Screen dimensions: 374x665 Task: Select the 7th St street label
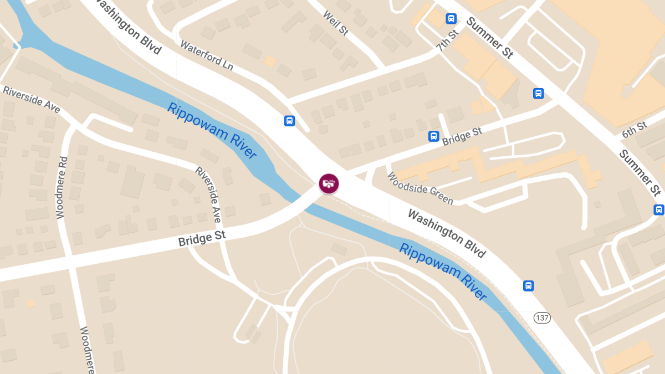[448, 40]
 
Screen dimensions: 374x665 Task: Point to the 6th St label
[634, 130]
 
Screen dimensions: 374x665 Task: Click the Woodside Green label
[420, 188]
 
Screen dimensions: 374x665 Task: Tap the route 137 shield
[541, 317]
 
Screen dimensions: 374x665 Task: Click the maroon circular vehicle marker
[329, 183]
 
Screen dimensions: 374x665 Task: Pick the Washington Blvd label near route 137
[447, 233]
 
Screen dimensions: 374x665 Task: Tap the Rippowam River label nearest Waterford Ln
[212, 131]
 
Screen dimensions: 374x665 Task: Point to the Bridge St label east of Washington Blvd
[462, 136]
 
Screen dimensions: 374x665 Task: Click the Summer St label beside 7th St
[489, 38]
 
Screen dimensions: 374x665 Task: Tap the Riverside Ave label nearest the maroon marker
[208, 194]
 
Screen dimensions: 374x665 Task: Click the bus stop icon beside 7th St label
[451, 19]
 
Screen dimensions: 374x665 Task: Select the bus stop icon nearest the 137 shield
[529, 286]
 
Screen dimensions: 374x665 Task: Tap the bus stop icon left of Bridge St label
[433, 136]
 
